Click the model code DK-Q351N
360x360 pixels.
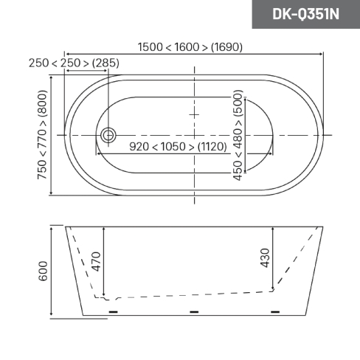pyautogui.click(x=305, y=14)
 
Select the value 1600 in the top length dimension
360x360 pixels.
pyautogui.click(x=187, y=47)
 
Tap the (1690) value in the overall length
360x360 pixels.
pyautogui.click(x=226, y=47)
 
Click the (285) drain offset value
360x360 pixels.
pyautogui.click(x=105, y=63)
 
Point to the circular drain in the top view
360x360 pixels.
pyautogui.click(x=108, y=135)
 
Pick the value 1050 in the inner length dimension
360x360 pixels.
pyautogui.click(x=173, y=147)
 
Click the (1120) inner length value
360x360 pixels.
pyautogui.click(x=212, y=147)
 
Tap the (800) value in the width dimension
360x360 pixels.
pyautogui.click(x=42, y=103)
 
